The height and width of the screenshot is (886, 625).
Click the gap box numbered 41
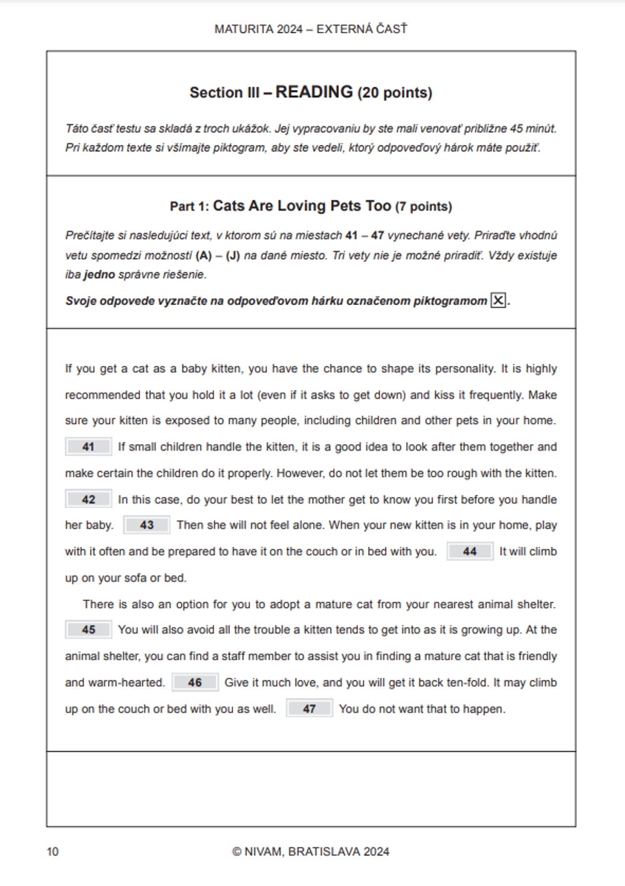[88, 447]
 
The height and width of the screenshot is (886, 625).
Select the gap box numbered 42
[88, 499]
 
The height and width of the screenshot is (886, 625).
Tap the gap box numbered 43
[147, 525]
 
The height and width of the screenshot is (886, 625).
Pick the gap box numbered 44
[469, 551]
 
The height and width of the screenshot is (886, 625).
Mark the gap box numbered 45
[88, 629]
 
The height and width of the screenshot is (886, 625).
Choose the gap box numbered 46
[195, 682]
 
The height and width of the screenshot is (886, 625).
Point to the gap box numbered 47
[309, 709]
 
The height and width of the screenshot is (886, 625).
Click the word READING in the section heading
[314, 92]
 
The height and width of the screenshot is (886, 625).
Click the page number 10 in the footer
[52, 852]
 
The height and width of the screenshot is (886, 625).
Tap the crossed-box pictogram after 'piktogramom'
[498, 301]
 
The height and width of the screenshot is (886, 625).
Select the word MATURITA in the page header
[244, 29]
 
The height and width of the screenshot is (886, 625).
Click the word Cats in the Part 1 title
[228, 206]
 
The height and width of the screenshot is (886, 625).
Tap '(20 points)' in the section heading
[394, 92]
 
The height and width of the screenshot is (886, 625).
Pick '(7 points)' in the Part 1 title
[423, 207]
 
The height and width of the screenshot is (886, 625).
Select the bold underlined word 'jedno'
[99, 274]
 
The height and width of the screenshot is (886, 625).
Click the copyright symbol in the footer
[236, 852]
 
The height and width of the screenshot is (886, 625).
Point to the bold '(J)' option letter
[232, 256]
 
